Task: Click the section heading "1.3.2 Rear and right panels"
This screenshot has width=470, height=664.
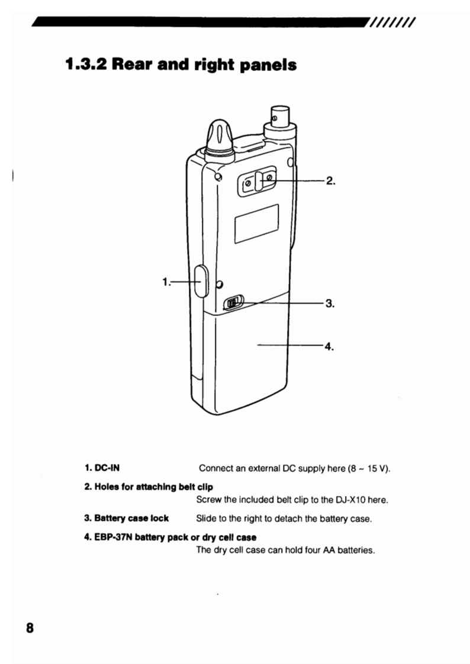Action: (x=181, y=64)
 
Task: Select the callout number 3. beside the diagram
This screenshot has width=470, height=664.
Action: (x=330, y=304)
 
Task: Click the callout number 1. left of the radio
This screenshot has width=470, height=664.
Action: (x=166, y=282)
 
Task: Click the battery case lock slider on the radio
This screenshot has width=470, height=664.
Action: (x=233, y=304)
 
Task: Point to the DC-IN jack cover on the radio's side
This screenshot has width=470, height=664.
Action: (x=199, y=282)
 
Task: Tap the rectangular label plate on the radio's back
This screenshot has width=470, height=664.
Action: (x=256, y=223)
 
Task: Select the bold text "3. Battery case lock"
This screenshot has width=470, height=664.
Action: (x=127, y=518)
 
